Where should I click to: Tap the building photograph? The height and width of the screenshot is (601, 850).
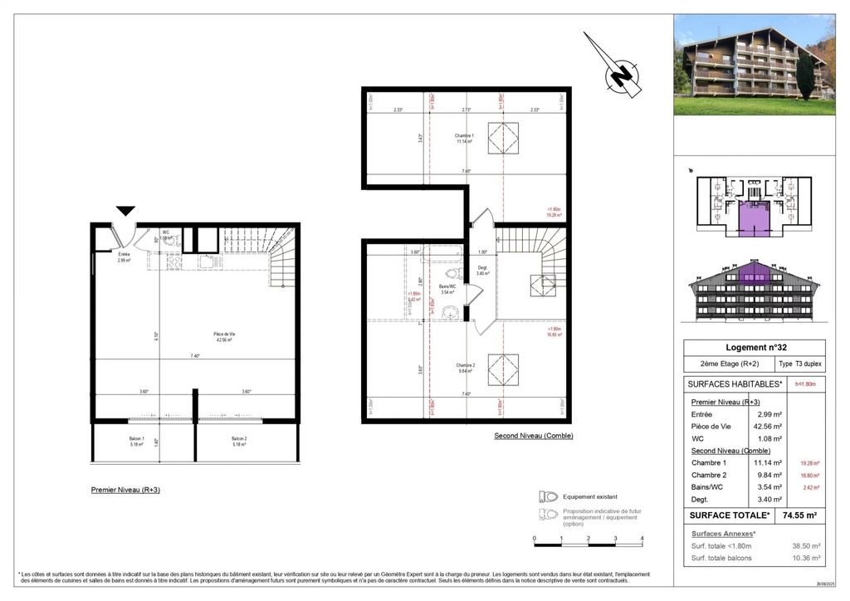tap(754, 65)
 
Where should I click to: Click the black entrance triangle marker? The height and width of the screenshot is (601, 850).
tap(125, 212)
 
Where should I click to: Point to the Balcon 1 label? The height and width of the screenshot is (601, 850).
tap(136, 441)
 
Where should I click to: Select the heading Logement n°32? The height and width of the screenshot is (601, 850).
tap(754, 348)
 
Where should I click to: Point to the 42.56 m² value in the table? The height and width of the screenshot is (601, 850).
tap(768, 426)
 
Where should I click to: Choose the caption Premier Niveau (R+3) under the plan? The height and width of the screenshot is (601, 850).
tap(125, 490)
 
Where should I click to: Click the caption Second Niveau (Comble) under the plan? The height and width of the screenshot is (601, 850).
tap(533, 436)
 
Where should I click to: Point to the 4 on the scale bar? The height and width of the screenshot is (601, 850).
tap(642, 538)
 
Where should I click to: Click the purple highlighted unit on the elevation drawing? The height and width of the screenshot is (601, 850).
tap(754, 272)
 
